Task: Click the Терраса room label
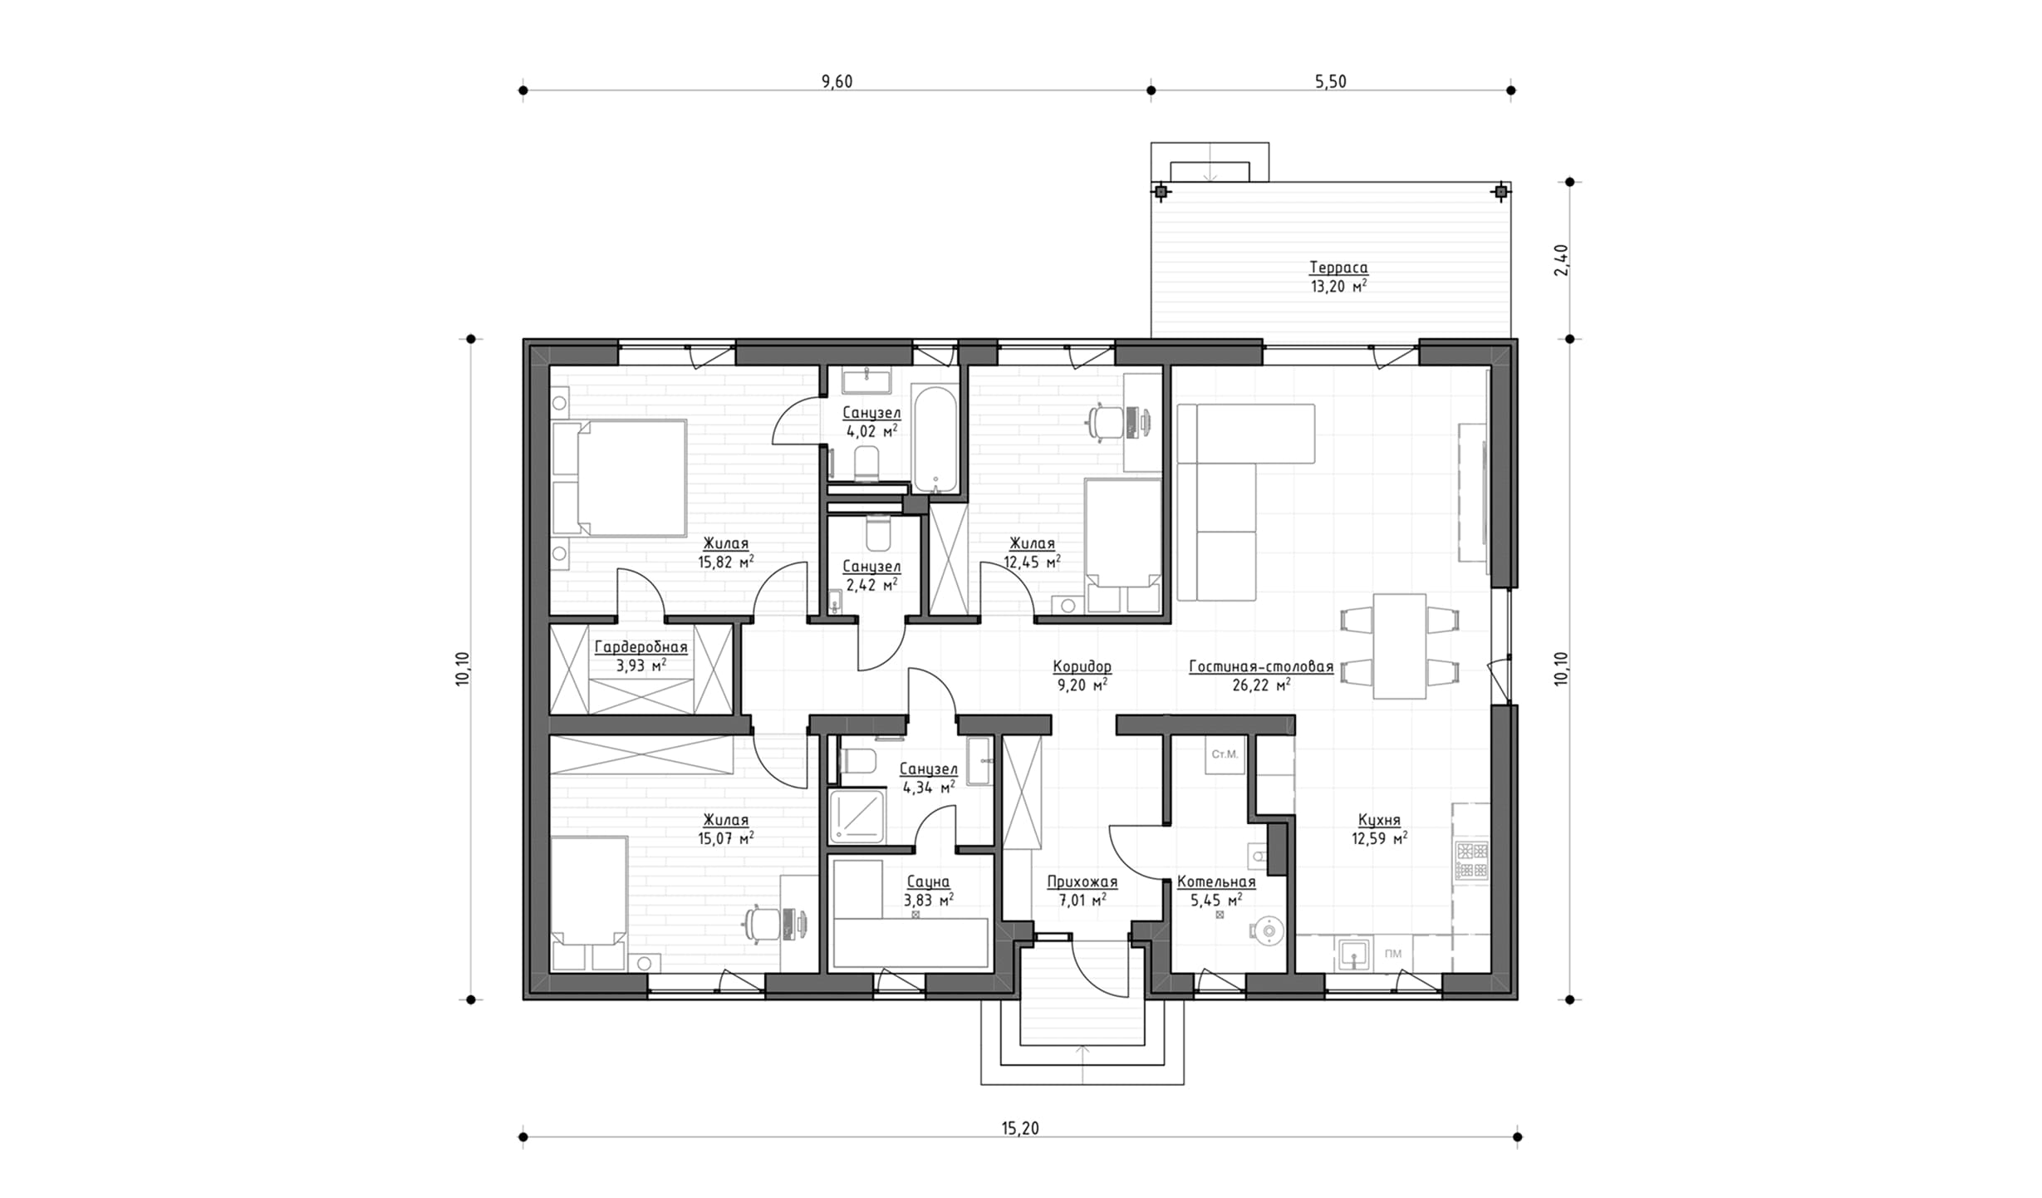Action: pyautogui.click(x=1338, y=268)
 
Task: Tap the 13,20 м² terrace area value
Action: pyautogui.click(x=1338, y=287)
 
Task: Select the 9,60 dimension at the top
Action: pyautogui.click(x=837, y=81)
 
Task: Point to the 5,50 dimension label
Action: pyautogui.click(x=1330, y=81)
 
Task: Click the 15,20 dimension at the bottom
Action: pyautogui.click(x=1020, y=1128)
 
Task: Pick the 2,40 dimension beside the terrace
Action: pyautogui.click(x=1561, y=260)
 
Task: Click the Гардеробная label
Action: pyautogui.click(x=641, y=647)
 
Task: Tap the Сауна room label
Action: pyautogui.click(x=928, y=881)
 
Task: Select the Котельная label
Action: pyautogui.click(x=1216, y=881)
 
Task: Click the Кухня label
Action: pyautogui.click(x=1379, y=820)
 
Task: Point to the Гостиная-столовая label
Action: pyautogui.click(x=1261, y=666)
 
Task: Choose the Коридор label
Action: pyautogui.click(x=1082, y=666)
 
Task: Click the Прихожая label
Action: pyautogui.click(x=1082, y=881)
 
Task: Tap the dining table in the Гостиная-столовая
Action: pyautogui.click(x=1399, y=646)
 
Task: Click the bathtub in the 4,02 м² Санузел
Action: pyautogui.click(x=935, y=439)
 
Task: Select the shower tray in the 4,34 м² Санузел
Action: pyautogui.click(x=857, y=816)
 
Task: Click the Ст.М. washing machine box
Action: pyautogui.click(x=1225, y=754)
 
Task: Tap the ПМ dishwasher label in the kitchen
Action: pyautogui.click(x=1393, y=953)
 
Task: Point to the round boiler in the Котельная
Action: pyautogui.click(x=1269, y=930)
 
